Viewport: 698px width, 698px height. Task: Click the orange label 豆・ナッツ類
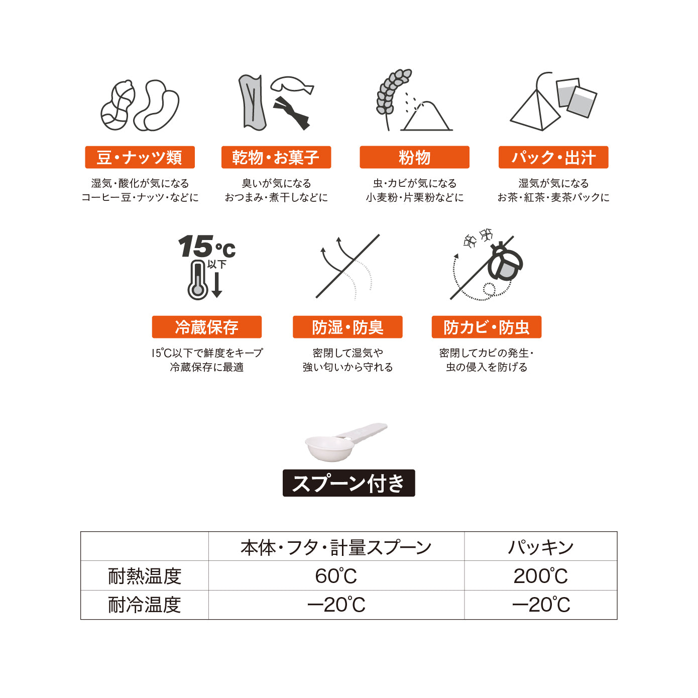(140, 157)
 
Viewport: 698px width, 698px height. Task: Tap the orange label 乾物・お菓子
(276, 157)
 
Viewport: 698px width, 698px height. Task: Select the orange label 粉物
(414, 157)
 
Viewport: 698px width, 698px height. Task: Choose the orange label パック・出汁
(553, 157)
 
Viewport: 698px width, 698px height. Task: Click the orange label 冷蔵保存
(206, 327)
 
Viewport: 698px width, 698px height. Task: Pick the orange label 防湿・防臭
(347, 327)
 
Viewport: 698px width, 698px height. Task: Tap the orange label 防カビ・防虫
(486, 327)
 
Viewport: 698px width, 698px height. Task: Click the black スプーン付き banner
(348, 483)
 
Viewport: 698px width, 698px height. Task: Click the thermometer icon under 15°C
(198, 281)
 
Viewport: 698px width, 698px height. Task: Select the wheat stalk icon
(392, 95)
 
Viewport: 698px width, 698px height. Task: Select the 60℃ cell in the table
(336, 575)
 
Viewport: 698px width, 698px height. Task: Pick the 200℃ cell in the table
(540, 575)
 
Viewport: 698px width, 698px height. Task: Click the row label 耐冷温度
(145, 605)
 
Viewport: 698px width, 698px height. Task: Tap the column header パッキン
(540, 546)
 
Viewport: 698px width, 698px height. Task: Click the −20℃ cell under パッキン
(540, 605)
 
